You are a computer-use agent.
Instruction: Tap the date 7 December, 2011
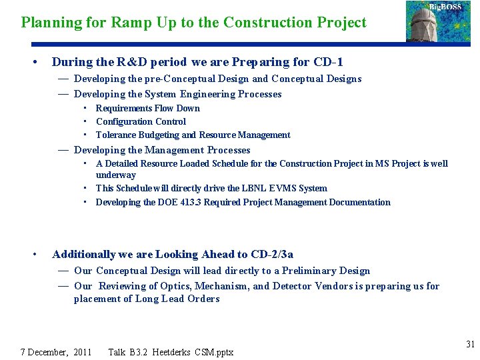56,352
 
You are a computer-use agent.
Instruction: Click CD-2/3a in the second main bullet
272,254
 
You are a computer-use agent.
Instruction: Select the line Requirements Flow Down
147,108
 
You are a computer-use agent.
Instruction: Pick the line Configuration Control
141,121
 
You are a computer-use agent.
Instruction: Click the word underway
116,175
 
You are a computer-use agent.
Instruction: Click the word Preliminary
311,271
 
